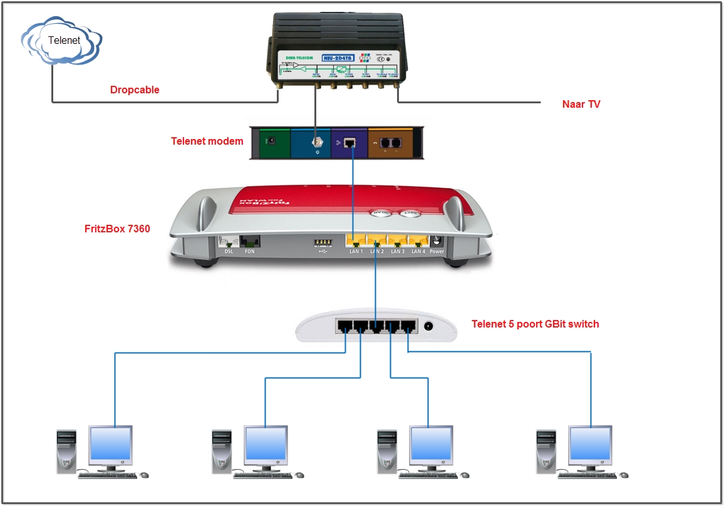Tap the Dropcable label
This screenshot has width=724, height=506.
click(135, 90)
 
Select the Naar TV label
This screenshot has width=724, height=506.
click(581, 105)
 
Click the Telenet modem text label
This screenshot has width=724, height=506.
click(207, 141)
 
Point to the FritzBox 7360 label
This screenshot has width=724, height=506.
click(117, 229)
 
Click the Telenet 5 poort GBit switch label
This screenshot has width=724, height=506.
click(535, 324)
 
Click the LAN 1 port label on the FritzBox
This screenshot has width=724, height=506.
click(356, 252)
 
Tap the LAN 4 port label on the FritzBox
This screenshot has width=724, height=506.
click(418, 252)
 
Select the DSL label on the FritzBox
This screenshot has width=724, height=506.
click(229, 252)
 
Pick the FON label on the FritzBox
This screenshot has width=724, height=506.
click(251, 252)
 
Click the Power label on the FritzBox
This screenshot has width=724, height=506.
click(437, 252)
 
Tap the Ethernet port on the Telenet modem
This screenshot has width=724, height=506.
click(350, 143)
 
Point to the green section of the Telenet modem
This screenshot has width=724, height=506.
click(271, 143)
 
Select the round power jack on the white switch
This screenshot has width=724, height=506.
click(429, 326)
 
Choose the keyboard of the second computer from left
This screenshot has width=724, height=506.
click(258, 476)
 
